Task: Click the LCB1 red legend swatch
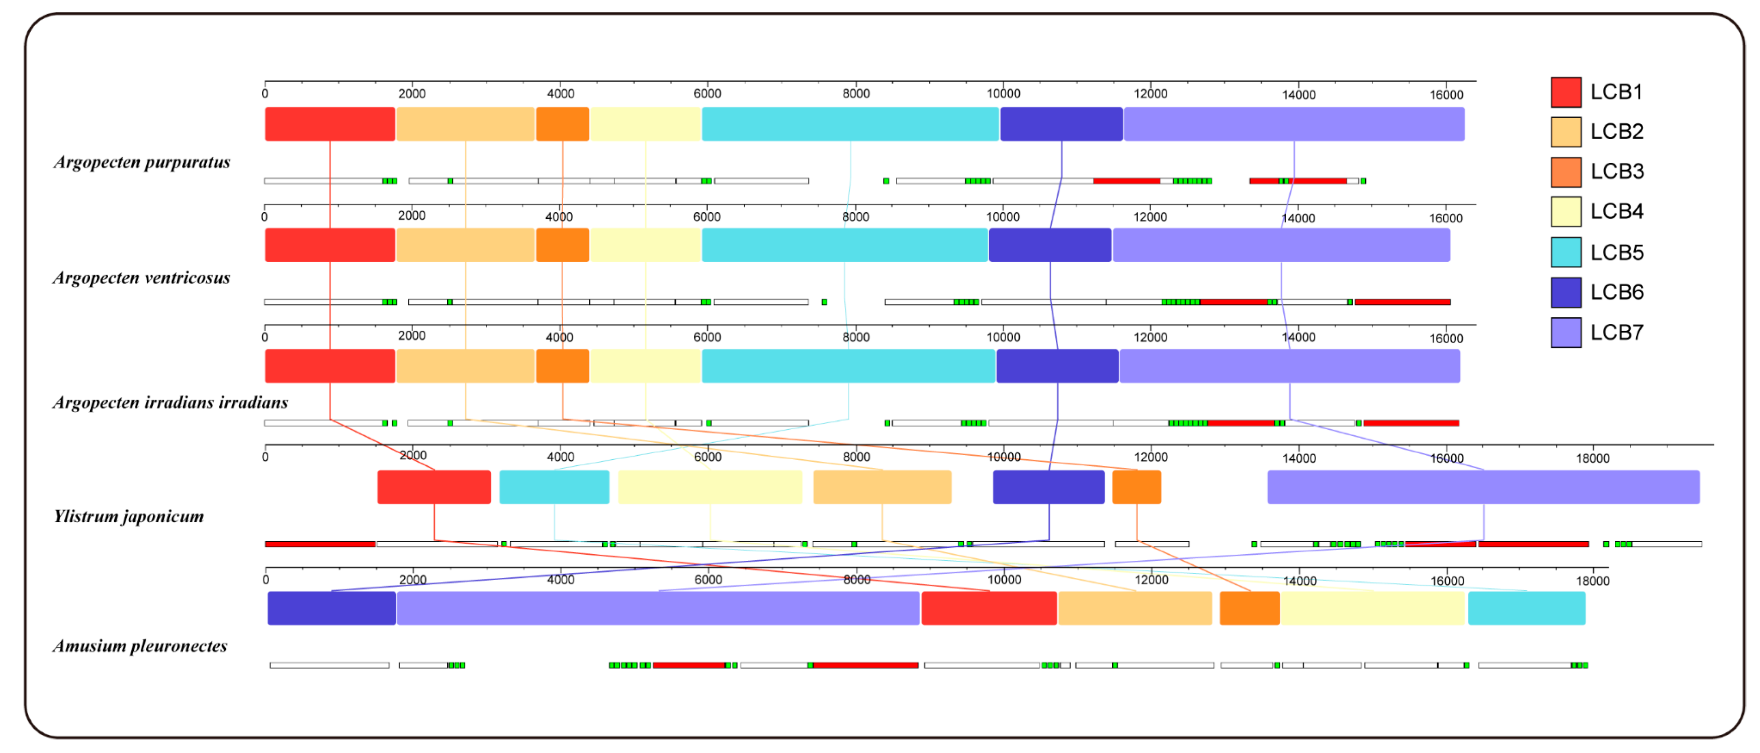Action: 1565,92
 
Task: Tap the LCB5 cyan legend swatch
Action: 1565,252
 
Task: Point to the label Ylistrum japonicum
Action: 128,516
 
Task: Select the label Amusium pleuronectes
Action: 140,646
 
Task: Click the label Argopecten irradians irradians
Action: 170,402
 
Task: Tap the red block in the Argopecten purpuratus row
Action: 330,124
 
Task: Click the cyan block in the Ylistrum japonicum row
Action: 554,487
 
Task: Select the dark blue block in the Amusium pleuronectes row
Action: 331,608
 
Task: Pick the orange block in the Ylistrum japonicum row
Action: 1136,487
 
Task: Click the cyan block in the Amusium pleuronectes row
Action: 1526,608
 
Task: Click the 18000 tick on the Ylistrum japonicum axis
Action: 1593,458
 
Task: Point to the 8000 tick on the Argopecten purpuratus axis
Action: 855,93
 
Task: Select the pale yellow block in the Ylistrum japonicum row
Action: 710,487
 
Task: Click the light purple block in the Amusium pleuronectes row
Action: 658,608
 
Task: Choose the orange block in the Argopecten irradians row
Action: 562,366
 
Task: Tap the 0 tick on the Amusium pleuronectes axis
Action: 266,579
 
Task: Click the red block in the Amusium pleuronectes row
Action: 989,608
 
